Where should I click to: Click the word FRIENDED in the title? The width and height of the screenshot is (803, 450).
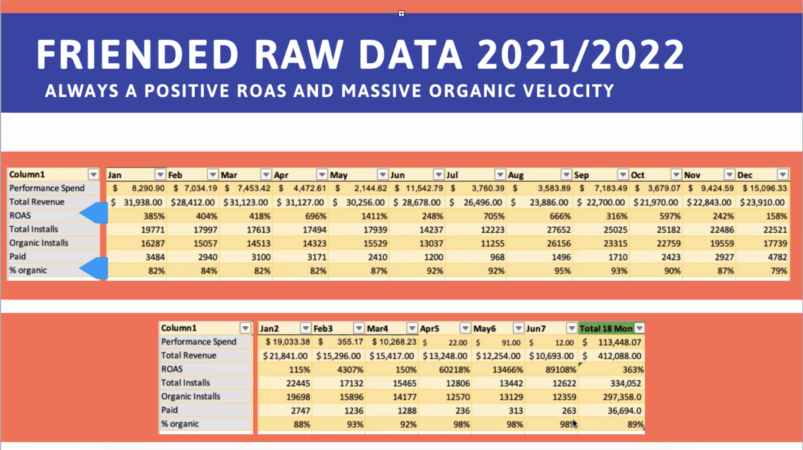[x=137, y=55]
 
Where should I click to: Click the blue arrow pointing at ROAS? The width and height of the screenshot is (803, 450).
[x=94, y=213]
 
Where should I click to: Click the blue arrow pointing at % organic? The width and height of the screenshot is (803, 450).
[x=94, y=268]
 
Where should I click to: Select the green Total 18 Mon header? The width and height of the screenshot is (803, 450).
[x=606, y=329]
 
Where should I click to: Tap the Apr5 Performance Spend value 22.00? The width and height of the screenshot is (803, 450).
[x=457, y=343]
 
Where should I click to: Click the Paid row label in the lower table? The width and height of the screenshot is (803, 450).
[x=170, y=410]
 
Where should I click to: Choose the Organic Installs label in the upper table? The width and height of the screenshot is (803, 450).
[x=39, y=243]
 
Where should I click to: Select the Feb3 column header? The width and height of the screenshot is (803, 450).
[x=323, y=329]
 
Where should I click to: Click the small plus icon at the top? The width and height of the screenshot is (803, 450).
[x=401, y=13]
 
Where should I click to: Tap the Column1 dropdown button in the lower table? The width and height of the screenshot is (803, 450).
[x=245, y=328]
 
